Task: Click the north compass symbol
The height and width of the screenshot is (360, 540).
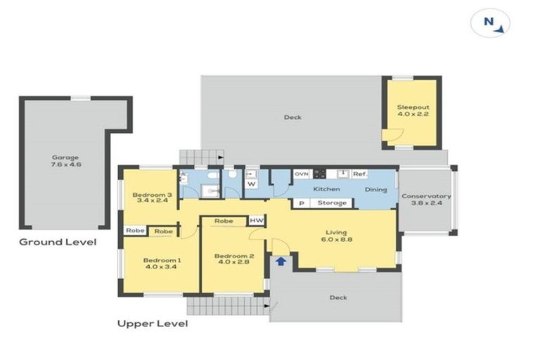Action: (x=490, y=23)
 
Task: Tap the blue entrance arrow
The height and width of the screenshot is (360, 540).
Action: (x=281, y=261)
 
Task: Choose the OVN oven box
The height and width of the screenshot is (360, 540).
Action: (x=302, y=174)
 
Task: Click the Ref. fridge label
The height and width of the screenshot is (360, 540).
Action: (x=360, y=174)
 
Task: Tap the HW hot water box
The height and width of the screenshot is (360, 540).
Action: (x=257, y=221)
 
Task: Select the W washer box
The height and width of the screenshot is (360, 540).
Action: (x=252, y=184)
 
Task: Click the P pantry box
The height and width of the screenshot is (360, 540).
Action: (x=302, y=203)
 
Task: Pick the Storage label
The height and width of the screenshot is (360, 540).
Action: (x=332, y=203)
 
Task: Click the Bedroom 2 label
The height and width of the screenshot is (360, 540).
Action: (x=234, y=256)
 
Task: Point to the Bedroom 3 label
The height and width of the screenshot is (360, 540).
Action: (x=152, y=195)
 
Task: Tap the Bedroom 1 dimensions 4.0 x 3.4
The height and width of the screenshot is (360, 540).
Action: (x=161, y=266)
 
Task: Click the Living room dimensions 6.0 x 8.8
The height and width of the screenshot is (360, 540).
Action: (x=337, y=240)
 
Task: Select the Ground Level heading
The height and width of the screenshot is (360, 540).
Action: (x=58, y=242)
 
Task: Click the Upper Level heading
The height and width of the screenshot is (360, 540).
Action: (x=153, y=323)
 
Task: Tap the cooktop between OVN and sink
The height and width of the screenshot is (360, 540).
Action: (x=319, y=174)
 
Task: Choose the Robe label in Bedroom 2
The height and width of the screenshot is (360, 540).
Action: (x=224, y=221)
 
